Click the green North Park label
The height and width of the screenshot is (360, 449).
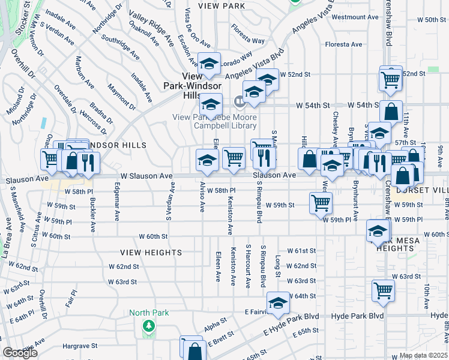pyautogui.click(x=148, y=313)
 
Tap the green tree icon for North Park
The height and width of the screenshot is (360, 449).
pyautogui.click(x=148, y=326)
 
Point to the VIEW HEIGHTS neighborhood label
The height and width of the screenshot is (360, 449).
pyautogui.click(x=151, y=253)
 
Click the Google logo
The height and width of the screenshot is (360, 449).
pyautogui.click(x=20, y=353)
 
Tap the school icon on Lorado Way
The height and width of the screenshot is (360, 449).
pyautogui.click(x=209, y=64)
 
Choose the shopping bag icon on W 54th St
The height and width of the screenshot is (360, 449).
pyautogui.click(x=391, y=111)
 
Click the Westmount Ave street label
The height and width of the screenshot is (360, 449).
pyautogui.click(x=353, y=17)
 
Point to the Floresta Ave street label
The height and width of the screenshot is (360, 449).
pyautogui.click(x=343, y=44)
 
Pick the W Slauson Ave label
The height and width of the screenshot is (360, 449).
pyautogui.click(x=146, y=176)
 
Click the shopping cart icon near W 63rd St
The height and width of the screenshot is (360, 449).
pyautogui.click(x=383, y=290)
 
